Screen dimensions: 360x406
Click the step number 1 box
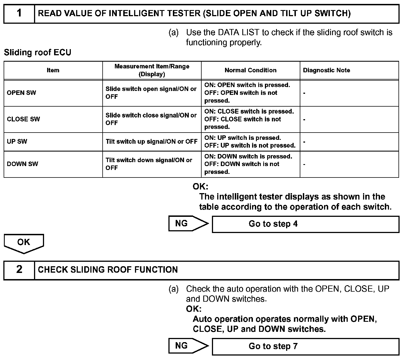[19, 13]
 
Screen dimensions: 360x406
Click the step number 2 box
[19, 270]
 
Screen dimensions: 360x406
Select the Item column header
[53, 70]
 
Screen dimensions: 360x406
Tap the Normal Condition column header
[250, 70]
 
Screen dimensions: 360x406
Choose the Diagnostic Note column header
[327, 70]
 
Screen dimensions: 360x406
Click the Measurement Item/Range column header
[152, 70]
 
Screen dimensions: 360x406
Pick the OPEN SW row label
[21, 93]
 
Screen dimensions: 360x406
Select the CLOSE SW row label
[23, 119]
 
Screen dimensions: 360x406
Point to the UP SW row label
[17, 141]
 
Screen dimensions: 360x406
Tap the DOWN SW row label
[22, 164]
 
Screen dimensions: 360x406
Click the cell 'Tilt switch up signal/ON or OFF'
[151, 141]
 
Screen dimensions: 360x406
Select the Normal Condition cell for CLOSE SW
[249, 119]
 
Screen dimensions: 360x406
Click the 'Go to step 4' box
[305, 224]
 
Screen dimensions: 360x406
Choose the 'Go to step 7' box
[305, 346]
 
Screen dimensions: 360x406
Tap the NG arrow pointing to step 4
[188, 224]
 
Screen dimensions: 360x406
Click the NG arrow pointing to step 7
[188, 346]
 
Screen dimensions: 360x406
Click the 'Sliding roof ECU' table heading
[38, 52]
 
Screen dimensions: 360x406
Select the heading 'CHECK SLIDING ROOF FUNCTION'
[108, 270]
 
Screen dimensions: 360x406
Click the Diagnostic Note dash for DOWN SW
[304, 164]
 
